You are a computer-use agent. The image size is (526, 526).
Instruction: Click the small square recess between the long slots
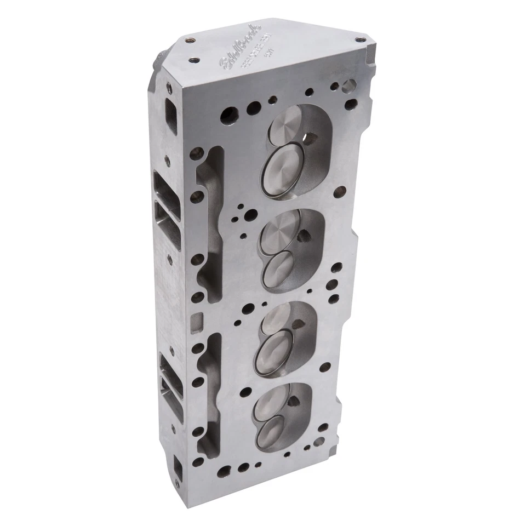coord(198,319)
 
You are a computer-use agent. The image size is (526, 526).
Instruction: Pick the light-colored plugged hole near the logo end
coord(348,85)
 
